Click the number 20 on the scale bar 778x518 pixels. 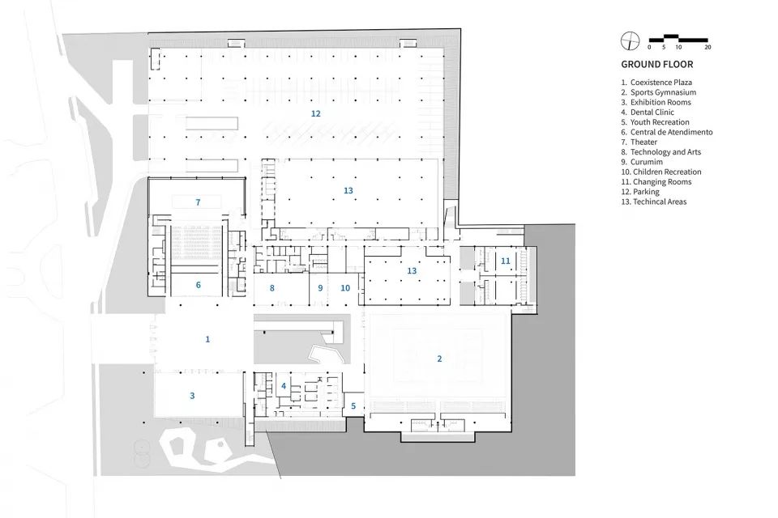(x=707, y=48)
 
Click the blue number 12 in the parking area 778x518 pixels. (x=315, y=113)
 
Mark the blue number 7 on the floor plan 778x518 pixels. (x=197, y=201)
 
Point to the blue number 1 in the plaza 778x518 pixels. (x=207, y=339)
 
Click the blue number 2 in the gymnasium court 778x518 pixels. (x=439, y=358)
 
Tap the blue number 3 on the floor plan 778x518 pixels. (x=192, y=396)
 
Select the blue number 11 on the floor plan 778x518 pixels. (x=505, y=261)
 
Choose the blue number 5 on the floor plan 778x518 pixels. (x=353, y=405)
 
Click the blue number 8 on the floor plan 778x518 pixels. (x=272, y=287)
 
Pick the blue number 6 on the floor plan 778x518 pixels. (x=197, y=285)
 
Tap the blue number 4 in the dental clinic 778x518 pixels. (x=284, y=386)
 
